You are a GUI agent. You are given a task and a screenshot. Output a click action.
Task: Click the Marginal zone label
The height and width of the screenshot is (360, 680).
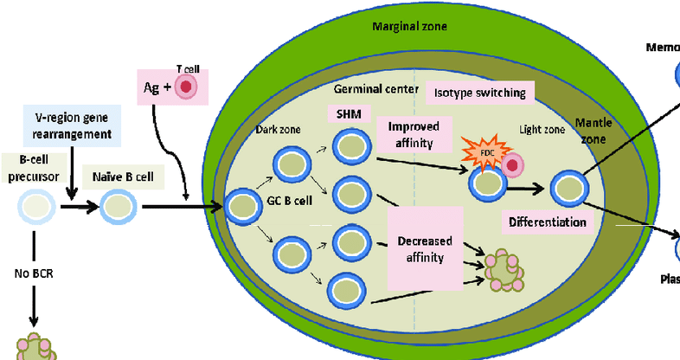409,26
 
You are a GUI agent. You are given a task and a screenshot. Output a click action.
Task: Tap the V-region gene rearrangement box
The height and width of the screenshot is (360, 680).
70,126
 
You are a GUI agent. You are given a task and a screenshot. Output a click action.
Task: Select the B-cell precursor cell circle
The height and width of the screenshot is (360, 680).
35,207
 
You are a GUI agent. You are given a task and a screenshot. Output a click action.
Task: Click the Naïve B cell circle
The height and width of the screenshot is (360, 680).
115,207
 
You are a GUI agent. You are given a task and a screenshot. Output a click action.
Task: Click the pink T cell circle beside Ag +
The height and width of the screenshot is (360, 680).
184,86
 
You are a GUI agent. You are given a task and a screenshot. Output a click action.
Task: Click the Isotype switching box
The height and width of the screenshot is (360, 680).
481,92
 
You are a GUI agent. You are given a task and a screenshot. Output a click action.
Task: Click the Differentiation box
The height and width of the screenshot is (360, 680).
548,222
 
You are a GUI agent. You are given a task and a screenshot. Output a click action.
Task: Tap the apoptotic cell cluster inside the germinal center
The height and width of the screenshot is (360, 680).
503,269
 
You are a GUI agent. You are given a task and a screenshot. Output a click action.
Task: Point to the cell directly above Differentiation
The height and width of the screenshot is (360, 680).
568,187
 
